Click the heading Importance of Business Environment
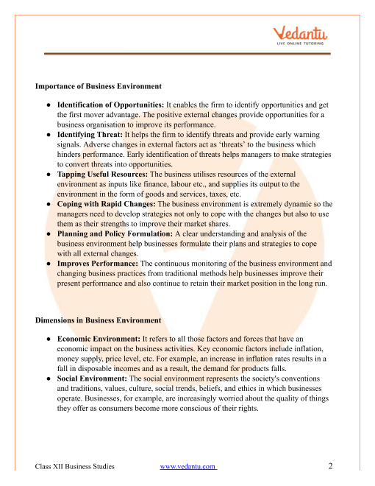[99, 86]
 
